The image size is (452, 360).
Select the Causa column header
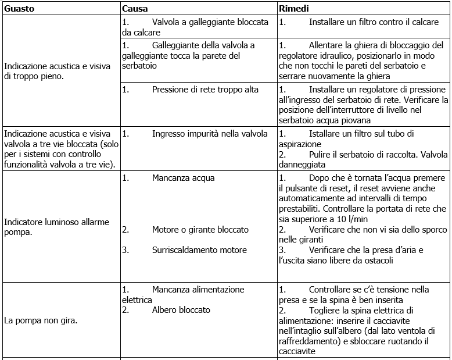click(x=135, y=9)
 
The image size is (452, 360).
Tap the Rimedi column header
click(x=293, y=9)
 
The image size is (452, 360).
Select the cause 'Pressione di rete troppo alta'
click(x=205, y=90)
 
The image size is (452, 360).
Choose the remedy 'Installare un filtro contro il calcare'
click(x=374, y=22)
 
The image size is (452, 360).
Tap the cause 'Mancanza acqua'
click(x=183, y=177)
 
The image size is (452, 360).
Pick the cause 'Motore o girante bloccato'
click(x=200, y=230)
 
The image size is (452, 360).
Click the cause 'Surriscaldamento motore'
click(x=199, y=250)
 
